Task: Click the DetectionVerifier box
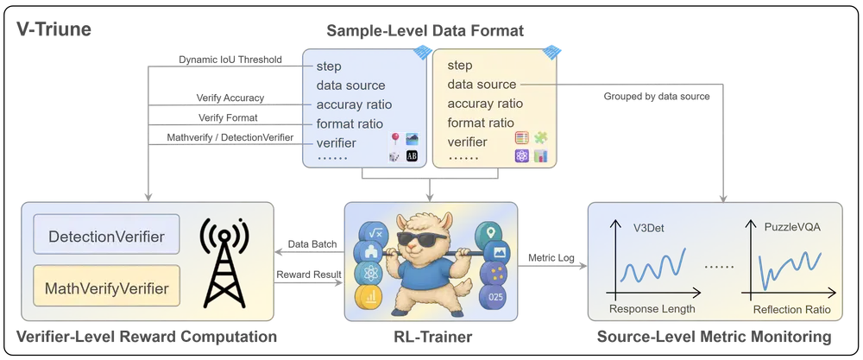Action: pos(105,235)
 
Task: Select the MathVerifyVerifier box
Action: pos(105,286)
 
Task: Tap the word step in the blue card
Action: pos(329,66)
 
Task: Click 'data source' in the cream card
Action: pos(482,85)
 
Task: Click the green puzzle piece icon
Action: pos(541,138)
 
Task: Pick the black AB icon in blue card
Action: pos(412,156)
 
